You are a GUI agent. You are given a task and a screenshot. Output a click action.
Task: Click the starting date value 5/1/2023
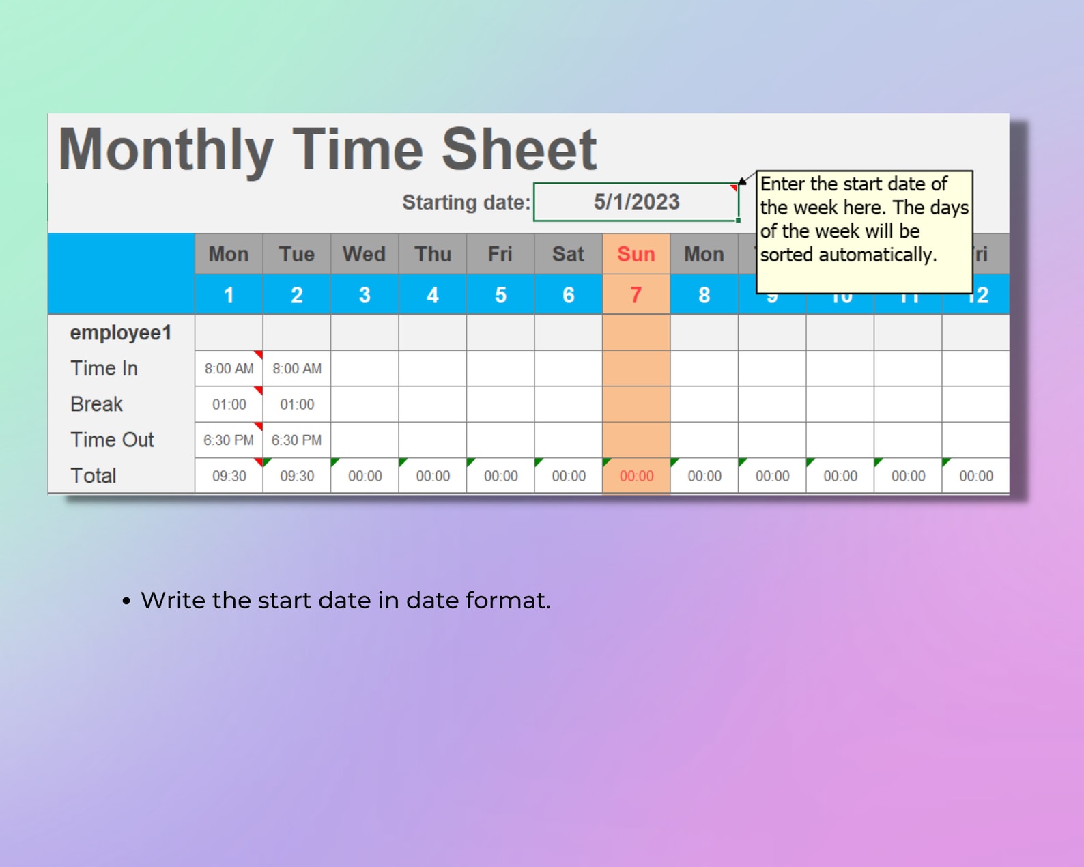(636, 202)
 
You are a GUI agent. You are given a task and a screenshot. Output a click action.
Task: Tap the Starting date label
(466, 203)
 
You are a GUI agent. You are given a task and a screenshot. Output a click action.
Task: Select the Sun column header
(636, 254)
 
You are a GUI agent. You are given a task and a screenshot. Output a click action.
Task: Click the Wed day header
(364, 254)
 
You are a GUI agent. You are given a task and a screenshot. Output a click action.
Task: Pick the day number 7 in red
(636, 295)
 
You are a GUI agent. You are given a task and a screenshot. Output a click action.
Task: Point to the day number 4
(432, 295)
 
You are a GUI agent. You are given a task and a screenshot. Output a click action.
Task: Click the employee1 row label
(120, 332)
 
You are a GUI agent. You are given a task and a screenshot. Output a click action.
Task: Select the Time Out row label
(112, 440)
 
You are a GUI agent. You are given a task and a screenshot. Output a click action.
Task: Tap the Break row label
(96, 404)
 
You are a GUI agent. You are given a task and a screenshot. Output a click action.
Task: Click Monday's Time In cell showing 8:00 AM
(229, 369)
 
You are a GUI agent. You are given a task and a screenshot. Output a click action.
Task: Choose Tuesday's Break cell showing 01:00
(297, 404)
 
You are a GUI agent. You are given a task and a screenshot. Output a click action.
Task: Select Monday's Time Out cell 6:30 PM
(229, 440)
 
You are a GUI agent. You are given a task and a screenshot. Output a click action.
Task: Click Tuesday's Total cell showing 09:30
(297, 476)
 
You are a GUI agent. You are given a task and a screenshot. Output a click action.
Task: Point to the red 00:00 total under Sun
(636, 476)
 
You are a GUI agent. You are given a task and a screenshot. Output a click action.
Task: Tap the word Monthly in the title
(166, 150)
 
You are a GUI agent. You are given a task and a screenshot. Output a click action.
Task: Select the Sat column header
(568, 254)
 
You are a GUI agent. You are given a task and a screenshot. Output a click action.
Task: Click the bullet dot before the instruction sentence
(126, 601)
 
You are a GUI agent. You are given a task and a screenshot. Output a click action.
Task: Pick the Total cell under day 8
(704, 476)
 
